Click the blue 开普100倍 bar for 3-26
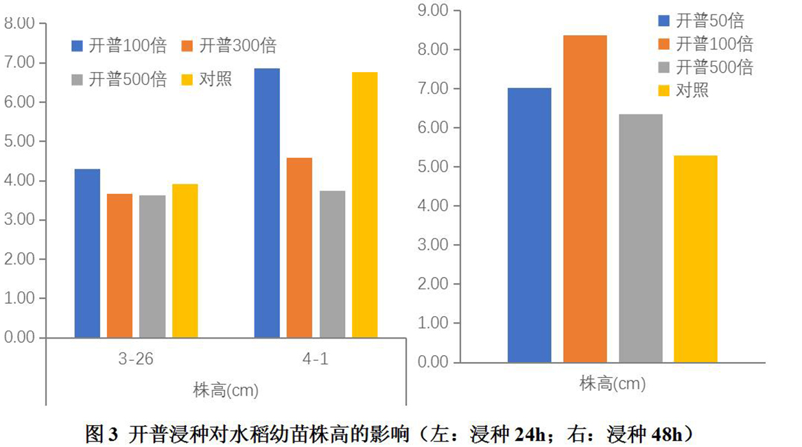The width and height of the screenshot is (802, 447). coord(87,253)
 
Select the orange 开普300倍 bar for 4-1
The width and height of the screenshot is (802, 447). coord(300,247)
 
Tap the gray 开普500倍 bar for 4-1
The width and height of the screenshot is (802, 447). coord(333,264)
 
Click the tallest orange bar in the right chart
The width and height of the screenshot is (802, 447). coord(585,198)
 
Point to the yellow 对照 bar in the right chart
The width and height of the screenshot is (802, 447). coord(695,258)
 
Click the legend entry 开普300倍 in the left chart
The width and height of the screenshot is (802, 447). coord(230,46)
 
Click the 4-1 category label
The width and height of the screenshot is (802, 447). coord(316,360)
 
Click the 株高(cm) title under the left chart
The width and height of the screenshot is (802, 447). coord(225,391)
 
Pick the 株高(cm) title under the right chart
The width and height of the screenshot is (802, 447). coord(613,383)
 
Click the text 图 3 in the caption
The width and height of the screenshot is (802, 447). coord(102,433)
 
